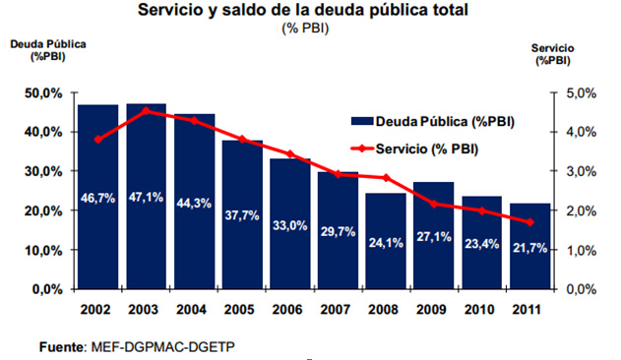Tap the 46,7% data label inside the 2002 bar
tap(98, 198)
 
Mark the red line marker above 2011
tap(530, 222)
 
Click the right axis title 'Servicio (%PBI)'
tap(552, 54)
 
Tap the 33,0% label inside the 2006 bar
tap(290, 225)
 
